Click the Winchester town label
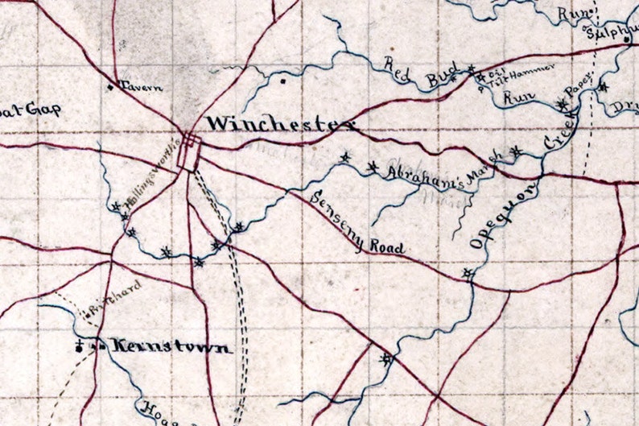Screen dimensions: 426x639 279,125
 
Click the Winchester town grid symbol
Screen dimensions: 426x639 190,151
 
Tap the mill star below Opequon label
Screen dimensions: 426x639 468,275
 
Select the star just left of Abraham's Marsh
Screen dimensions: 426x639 372,167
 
